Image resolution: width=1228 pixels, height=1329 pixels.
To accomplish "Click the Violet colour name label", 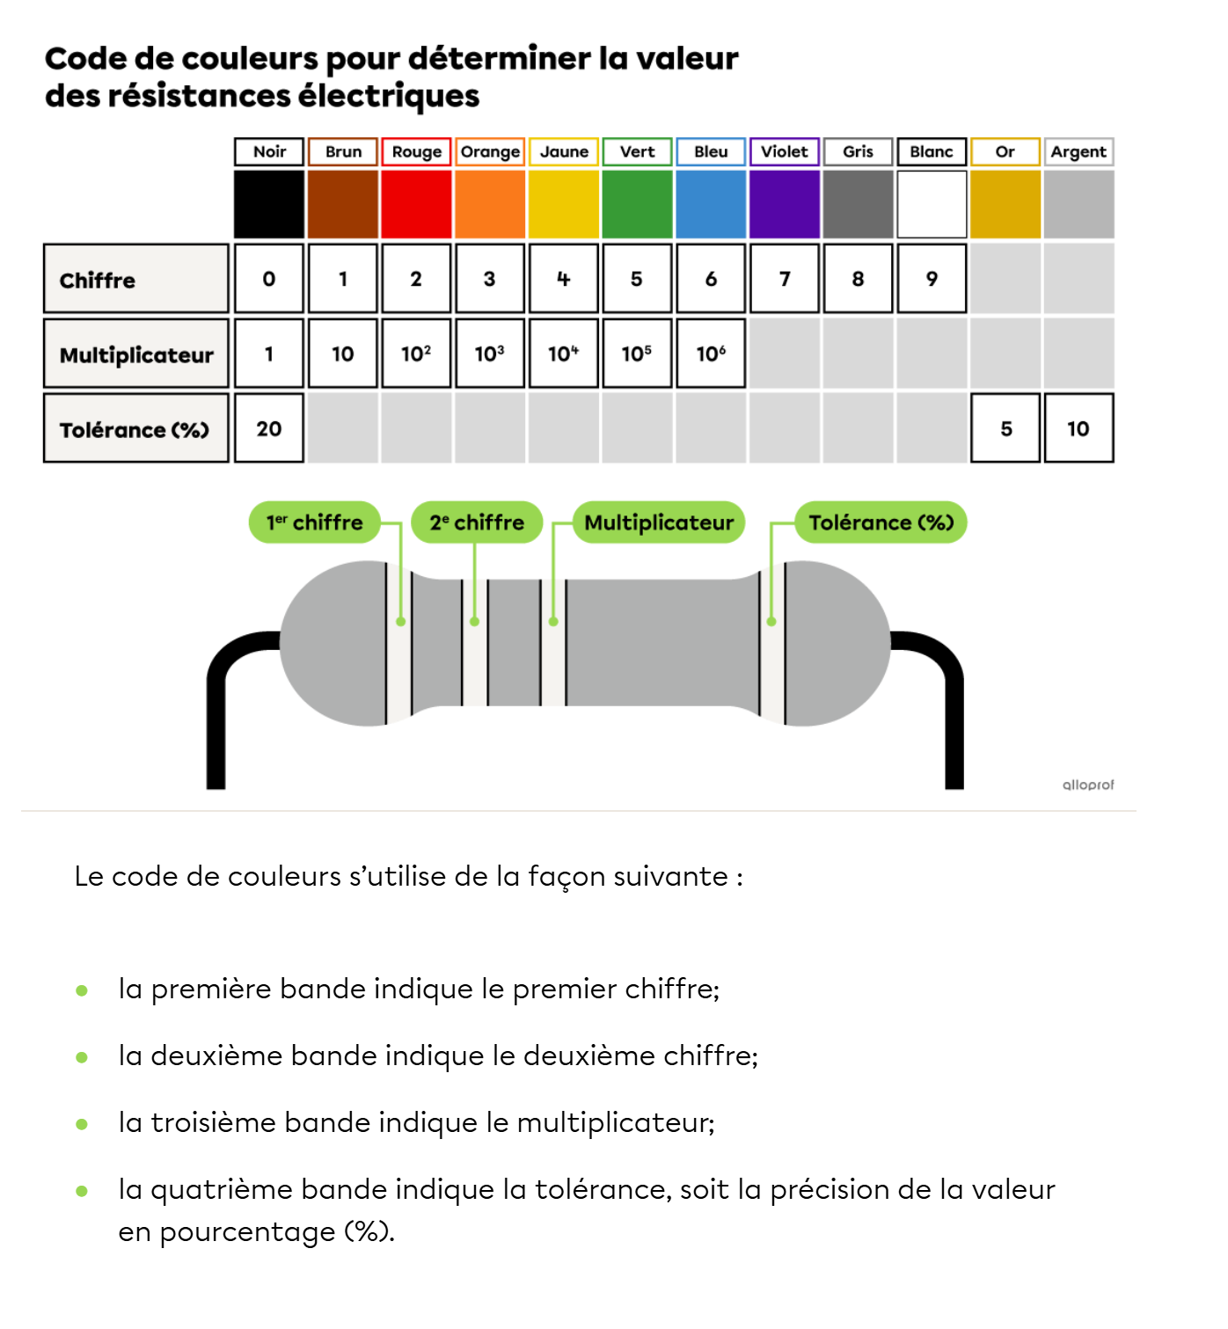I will [x=784, y=151].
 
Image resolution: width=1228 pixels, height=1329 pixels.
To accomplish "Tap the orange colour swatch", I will [x=490, y=204].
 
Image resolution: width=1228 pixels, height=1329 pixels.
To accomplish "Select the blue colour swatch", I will [x=711, y=204].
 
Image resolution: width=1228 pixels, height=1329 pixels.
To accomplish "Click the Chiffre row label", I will [x=135, y=280].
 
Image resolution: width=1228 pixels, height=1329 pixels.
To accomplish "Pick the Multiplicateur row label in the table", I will [x=135, y=354].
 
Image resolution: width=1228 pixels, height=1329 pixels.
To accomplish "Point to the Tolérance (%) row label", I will [x=135, y=429].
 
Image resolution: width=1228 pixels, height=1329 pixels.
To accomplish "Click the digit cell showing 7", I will [x=785, y=279].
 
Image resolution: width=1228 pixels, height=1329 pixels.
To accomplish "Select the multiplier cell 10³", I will [x=490, y=354].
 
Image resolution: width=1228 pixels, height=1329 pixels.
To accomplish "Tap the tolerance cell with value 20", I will [x=269, y=428].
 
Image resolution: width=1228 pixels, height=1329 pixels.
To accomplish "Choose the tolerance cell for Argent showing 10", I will [x=1078, y=428].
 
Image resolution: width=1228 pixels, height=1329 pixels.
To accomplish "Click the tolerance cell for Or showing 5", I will [x=1005, y=428].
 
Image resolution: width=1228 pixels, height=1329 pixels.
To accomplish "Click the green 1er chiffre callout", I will [x=315, y=522].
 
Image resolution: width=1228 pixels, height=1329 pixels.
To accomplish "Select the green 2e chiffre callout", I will [x=477, y=522].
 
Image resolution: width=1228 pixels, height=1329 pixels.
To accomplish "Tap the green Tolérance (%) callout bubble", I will [x=881, y=522].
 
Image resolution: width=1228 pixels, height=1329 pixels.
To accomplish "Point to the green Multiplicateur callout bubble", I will [x=659, y=522].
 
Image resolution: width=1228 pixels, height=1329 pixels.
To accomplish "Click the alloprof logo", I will [x=1087, y=784].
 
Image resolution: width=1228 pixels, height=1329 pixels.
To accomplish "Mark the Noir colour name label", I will [x=269, y=151].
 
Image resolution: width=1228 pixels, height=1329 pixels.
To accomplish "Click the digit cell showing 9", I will [x=932, y=279].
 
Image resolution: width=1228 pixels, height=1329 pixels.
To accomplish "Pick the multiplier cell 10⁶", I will [x=711, y=354].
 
